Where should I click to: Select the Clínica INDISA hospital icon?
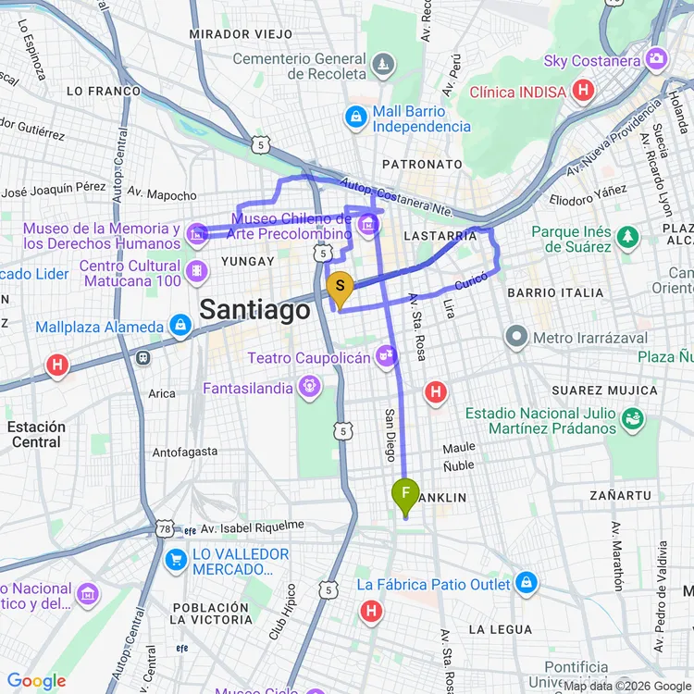coord(583,91)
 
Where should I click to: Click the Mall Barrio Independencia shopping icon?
coord(355,118)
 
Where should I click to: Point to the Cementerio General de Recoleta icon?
coord(383,66)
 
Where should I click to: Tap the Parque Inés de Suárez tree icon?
coord(628,239)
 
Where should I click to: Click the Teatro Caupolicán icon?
coord(387,356)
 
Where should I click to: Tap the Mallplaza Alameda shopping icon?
coord(180,326)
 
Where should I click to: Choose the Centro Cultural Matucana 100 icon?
coord(196,272)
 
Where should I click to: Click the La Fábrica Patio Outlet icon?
coord(527,584)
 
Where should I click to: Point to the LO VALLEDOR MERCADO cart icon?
coord(176,561)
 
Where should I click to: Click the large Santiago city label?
coord(255,310)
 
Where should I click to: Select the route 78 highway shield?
coord(165,528)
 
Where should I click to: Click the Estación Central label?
coord(37,434)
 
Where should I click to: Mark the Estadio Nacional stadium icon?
coord(634,420)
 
